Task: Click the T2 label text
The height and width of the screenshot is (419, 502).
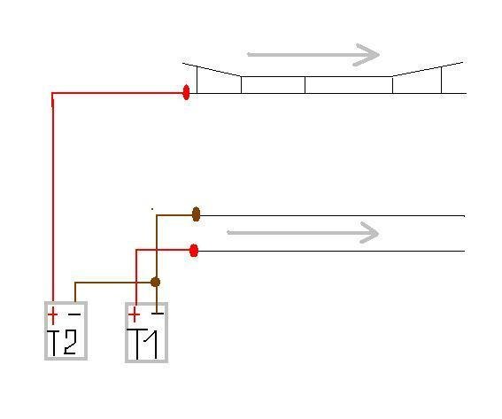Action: coord(62,343)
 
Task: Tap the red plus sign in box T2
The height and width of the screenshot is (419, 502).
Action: coord(53,314)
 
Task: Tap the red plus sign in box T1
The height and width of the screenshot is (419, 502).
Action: coord(135,314)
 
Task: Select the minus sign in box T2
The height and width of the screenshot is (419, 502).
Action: coord(74,314)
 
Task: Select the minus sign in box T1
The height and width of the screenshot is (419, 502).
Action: coord(158,313)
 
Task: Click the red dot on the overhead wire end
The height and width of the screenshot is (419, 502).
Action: coord(186,92)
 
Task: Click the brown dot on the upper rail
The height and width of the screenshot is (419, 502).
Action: coord(196,214)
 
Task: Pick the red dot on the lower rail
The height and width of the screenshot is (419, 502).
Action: coord(194,251)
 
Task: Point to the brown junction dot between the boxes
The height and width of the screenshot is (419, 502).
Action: coord(155,283)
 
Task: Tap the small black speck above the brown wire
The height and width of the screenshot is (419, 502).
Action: coord(152,209)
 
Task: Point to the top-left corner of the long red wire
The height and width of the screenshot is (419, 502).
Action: coord(52,93)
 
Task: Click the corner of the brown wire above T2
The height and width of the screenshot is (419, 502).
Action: coord(75,283)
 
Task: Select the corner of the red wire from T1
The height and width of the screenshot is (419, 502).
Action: coord(136,250)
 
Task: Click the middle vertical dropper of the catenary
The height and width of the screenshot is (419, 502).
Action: coord(305,85)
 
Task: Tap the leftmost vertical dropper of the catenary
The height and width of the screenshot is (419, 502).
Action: coord(197,80)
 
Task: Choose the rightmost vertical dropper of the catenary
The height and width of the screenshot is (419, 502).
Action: coord(442,80)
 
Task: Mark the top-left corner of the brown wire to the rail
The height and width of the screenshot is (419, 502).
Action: coord(157,215)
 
